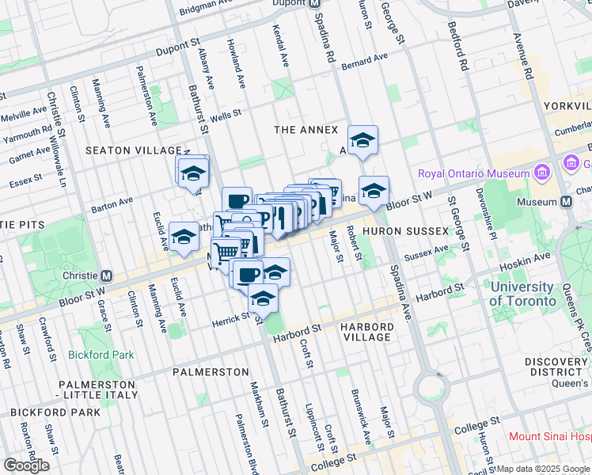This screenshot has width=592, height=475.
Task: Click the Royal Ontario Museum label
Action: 473,174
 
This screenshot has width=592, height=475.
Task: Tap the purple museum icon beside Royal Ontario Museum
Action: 542,173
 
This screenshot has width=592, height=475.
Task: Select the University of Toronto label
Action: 521,294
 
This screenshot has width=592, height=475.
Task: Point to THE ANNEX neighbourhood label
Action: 305,130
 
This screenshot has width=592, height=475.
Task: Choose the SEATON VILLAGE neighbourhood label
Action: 133,150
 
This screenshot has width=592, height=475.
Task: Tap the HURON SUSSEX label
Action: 395,230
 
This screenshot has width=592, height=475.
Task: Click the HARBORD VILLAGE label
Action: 366,332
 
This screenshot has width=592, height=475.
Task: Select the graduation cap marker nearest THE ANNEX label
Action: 362,141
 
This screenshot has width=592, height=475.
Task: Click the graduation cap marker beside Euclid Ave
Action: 184,237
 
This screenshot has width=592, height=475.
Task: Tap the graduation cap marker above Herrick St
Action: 263,299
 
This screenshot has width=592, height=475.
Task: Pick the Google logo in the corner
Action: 26,465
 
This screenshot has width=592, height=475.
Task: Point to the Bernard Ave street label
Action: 365,61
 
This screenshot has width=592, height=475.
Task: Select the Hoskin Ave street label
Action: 531,258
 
